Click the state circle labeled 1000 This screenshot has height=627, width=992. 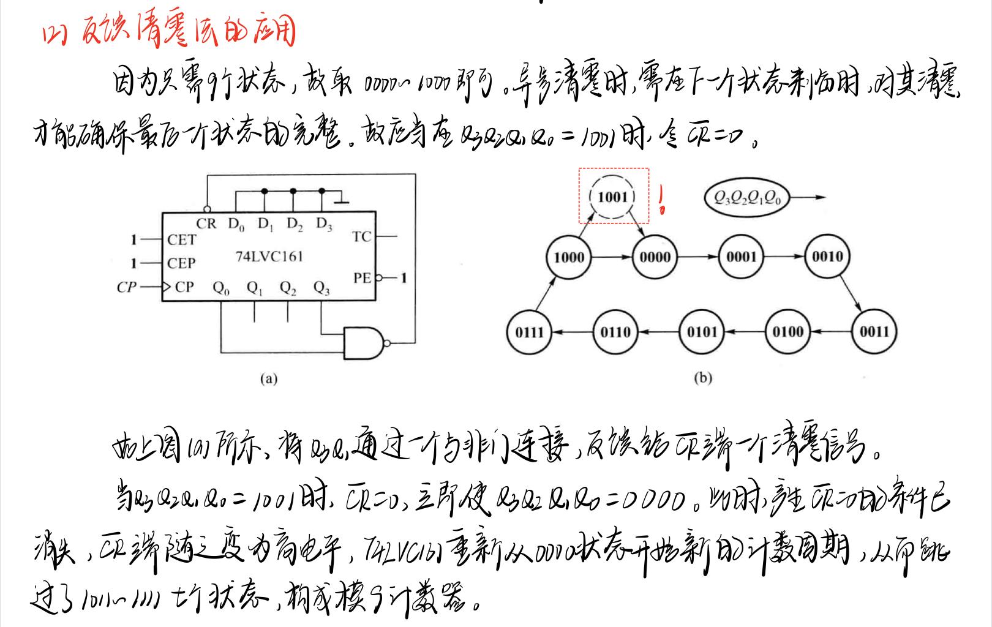tap(569, 257)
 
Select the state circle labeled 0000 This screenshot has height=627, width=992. tap(655, 257)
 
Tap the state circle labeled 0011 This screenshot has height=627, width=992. tap(874, 332)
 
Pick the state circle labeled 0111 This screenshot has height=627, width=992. tap(530, 332)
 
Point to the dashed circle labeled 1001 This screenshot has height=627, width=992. tap(612, 197)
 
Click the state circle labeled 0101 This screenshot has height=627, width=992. tap(702, 332)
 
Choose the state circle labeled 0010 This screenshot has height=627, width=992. tap(827, 257)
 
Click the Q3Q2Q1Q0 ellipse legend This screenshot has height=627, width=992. tap(747, 198)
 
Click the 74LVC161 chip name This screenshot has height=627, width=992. tap(269, 257)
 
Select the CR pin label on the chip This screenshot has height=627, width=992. tap(206, 223)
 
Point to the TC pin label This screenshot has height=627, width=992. tap(362, 236)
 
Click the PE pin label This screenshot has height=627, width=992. tap(363, 278)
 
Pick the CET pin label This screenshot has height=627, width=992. tap(182, 239)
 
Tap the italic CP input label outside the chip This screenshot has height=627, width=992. tap(126, 287)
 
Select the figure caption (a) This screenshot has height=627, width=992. tap(268, 379)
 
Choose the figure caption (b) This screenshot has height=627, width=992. tap(703, 378)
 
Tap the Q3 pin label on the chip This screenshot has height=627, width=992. tap(321, 288)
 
